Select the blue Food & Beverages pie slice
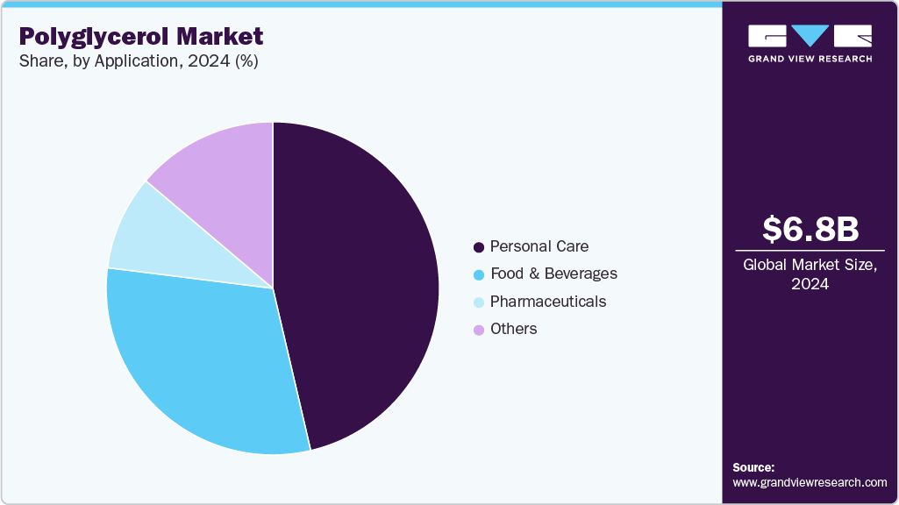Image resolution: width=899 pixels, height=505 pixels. pos(202,359)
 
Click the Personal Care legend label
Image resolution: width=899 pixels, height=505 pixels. pos(539,246)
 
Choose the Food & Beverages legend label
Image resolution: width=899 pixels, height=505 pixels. pos(553,274)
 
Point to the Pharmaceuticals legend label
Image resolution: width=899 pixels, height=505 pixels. pos(547,302)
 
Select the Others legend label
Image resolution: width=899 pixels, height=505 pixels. pos(513,329)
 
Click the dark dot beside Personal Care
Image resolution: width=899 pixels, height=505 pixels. pos(479,247)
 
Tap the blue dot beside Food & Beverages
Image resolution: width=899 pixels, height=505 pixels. pos(479,274)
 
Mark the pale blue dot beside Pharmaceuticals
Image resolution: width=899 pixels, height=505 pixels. pos(479,302)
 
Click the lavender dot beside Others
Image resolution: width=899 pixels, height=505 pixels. pos(479,330)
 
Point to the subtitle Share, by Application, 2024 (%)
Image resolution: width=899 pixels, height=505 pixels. pos(138,61)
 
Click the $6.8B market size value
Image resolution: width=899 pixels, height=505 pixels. pos(810,229)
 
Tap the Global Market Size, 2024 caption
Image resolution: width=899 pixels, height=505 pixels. pos(810,274)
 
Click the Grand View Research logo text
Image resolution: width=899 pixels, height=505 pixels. pos(810,59)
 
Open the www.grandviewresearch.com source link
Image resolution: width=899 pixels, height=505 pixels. pos(810,482)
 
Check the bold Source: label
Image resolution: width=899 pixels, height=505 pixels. pos(753,467)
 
